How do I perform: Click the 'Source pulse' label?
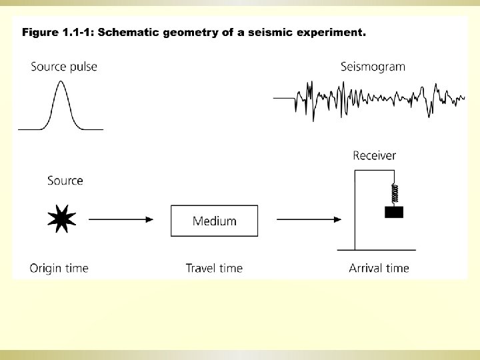[63, 67]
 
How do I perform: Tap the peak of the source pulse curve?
[61, 82]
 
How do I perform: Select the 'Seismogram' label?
[373, 67]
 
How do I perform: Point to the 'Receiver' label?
[374, 156]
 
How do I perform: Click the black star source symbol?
[62, 219]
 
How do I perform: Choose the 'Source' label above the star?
[65, 181]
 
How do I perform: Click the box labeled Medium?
[214, 221]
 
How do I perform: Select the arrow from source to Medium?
[121, 219]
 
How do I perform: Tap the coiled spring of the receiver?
[395, 194]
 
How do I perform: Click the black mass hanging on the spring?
[395, 213]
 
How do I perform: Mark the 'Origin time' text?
[59, 269]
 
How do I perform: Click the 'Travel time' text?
[214, 269]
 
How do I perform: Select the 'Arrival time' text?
[379, 269]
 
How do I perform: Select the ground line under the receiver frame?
[376, 250]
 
